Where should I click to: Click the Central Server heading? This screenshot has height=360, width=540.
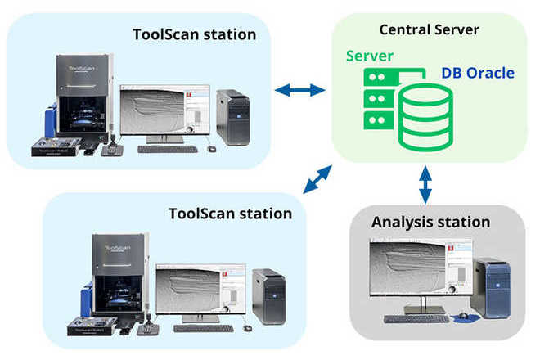(x=429, y=30)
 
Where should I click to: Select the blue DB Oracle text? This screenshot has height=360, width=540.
(x=478, y=73)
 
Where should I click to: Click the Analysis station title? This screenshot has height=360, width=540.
(x=430, y=222)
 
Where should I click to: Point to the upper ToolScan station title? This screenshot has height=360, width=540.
(x=194, y=34)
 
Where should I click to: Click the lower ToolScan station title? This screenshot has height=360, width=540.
(x=230, y=214)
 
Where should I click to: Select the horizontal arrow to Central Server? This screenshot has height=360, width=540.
(x=299, y=91)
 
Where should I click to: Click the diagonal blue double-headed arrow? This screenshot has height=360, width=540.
(x=317, y=179)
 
